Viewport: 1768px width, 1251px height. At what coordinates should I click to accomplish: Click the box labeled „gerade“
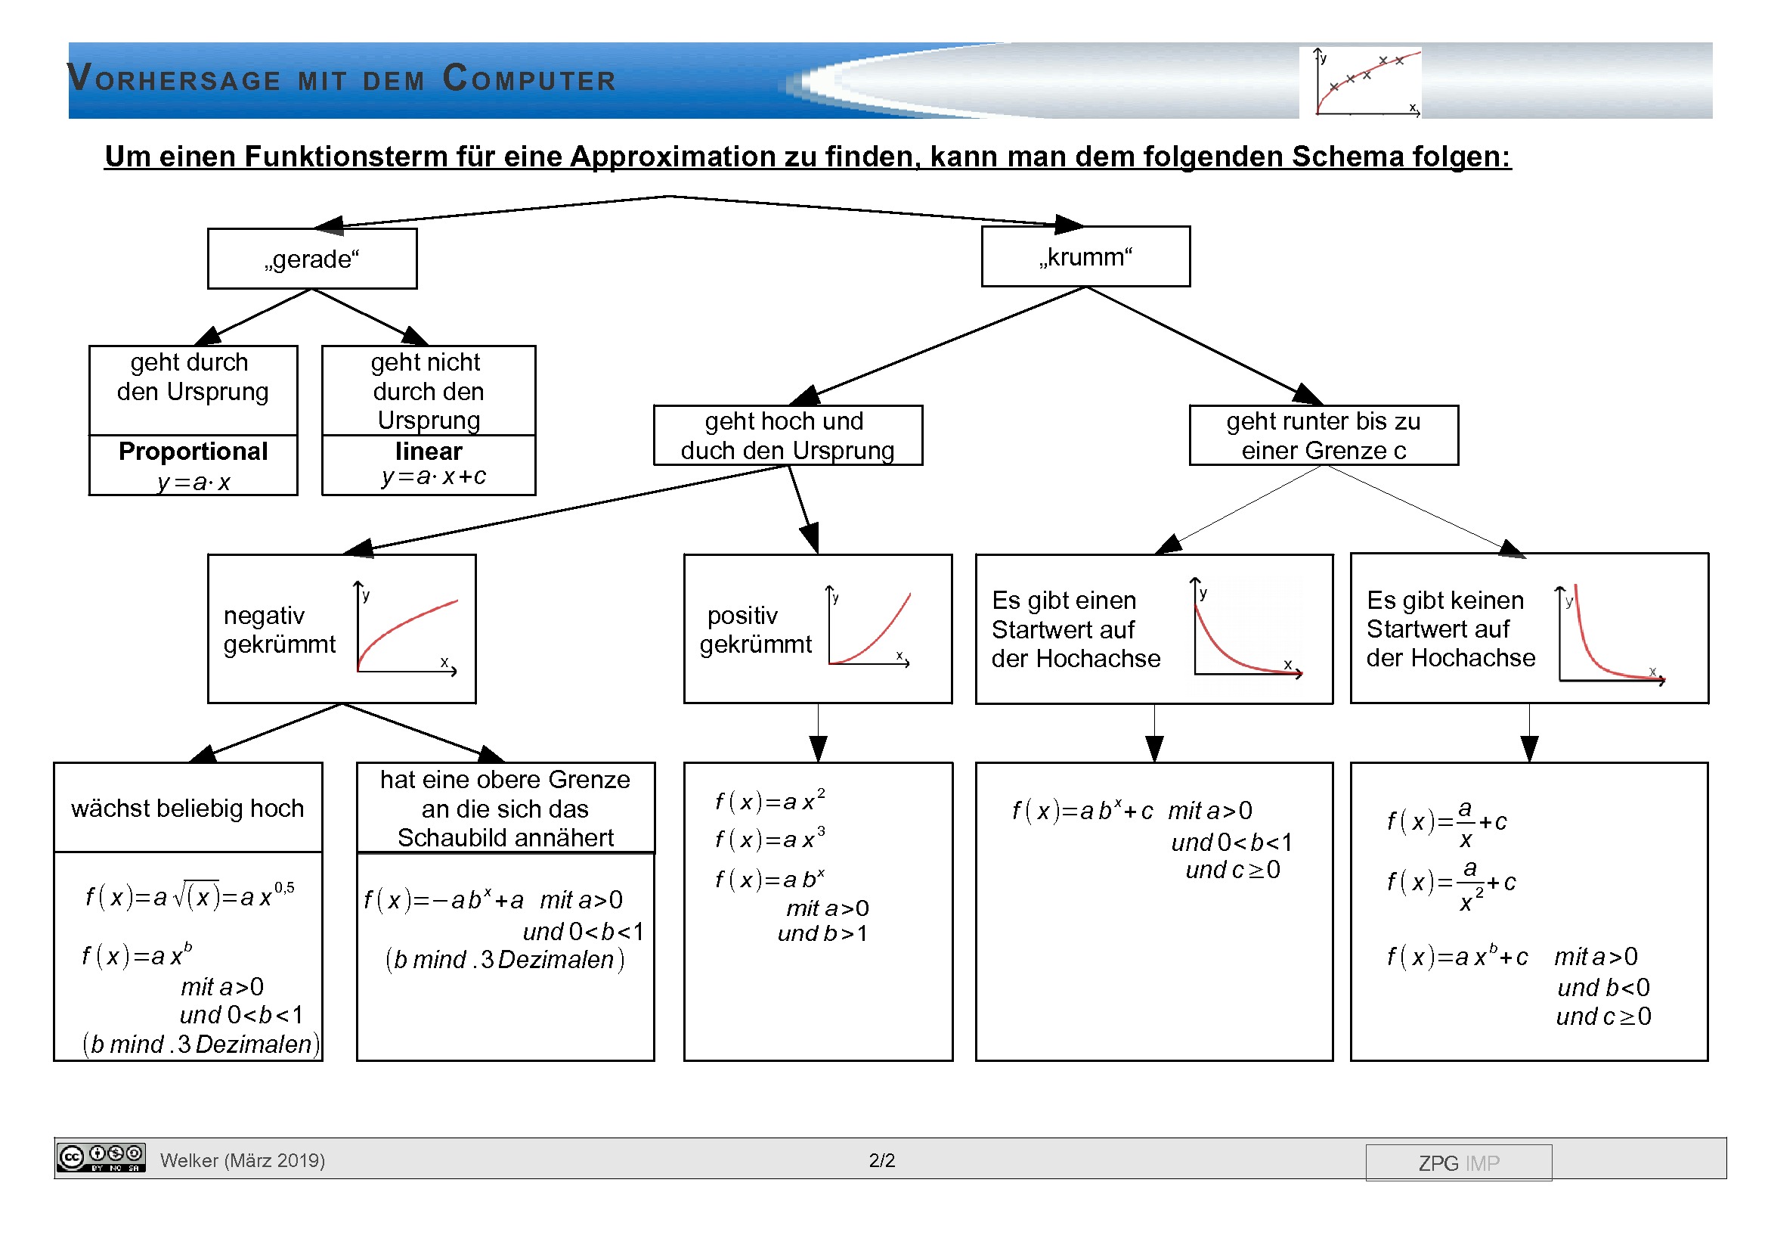[312, 259]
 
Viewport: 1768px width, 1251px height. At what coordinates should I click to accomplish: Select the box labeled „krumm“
[1085, 256]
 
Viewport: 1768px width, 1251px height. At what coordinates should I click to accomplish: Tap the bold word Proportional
[194, 451]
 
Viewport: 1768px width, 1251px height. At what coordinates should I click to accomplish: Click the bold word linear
[428, 451]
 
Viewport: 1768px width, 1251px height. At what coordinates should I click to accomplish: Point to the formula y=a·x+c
[434, 476]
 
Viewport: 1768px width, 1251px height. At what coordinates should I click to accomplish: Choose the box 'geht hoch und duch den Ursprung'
[787, 435]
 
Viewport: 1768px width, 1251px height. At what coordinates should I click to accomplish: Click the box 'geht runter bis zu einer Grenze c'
[1323, 435]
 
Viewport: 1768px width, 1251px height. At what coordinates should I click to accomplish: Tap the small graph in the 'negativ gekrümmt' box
[407, 628]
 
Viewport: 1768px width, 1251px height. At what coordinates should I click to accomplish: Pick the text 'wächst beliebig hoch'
[187, 808]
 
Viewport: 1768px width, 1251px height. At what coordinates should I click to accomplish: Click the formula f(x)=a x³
[769, 838]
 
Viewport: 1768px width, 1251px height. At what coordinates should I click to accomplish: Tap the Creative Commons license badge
[100, 1157]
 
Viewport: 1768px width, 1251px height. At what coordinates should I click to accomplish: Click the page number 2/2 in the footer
[881, 1160]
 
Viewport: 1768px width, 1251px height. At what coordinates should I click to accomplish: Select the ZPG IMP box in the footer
[1457, 1163]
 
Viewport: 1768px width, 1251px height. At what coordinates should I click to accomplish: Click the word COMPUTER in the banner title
[530, 79]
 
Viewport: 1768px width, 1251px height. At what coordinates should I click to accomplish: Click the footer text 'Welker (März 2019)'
[243, 1160]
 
